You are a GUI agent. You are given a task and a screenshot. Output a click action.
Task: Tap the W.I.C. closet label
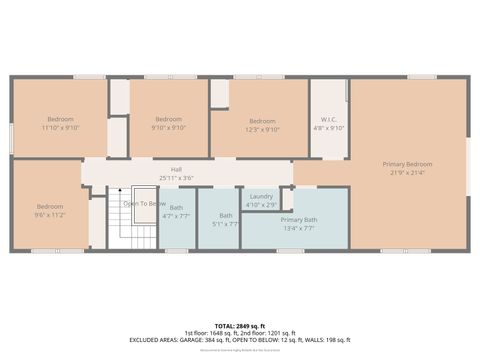pos(329,119)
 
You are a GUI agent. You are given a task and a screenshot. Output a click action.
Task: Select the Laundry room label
pos(261,196)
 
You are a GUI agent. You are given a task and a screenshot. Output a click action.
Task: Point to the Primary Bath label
pos(298,219)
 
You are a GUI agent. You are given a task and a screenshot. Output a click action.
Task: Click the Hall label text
pos(176,169)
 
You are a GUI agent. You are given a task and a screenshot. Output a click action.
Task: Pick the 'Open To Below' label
pos(144,203)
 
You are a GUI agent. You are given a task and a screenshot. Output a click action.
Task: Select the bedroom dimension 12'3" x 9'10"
pos(262,129)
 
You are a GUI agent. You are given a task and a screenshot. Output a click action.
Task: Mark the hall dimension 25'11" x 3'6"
pos(176,178)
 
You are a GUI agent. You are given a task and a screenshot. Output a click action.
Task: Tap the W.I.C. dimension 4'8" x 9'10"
pos(329,128)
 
